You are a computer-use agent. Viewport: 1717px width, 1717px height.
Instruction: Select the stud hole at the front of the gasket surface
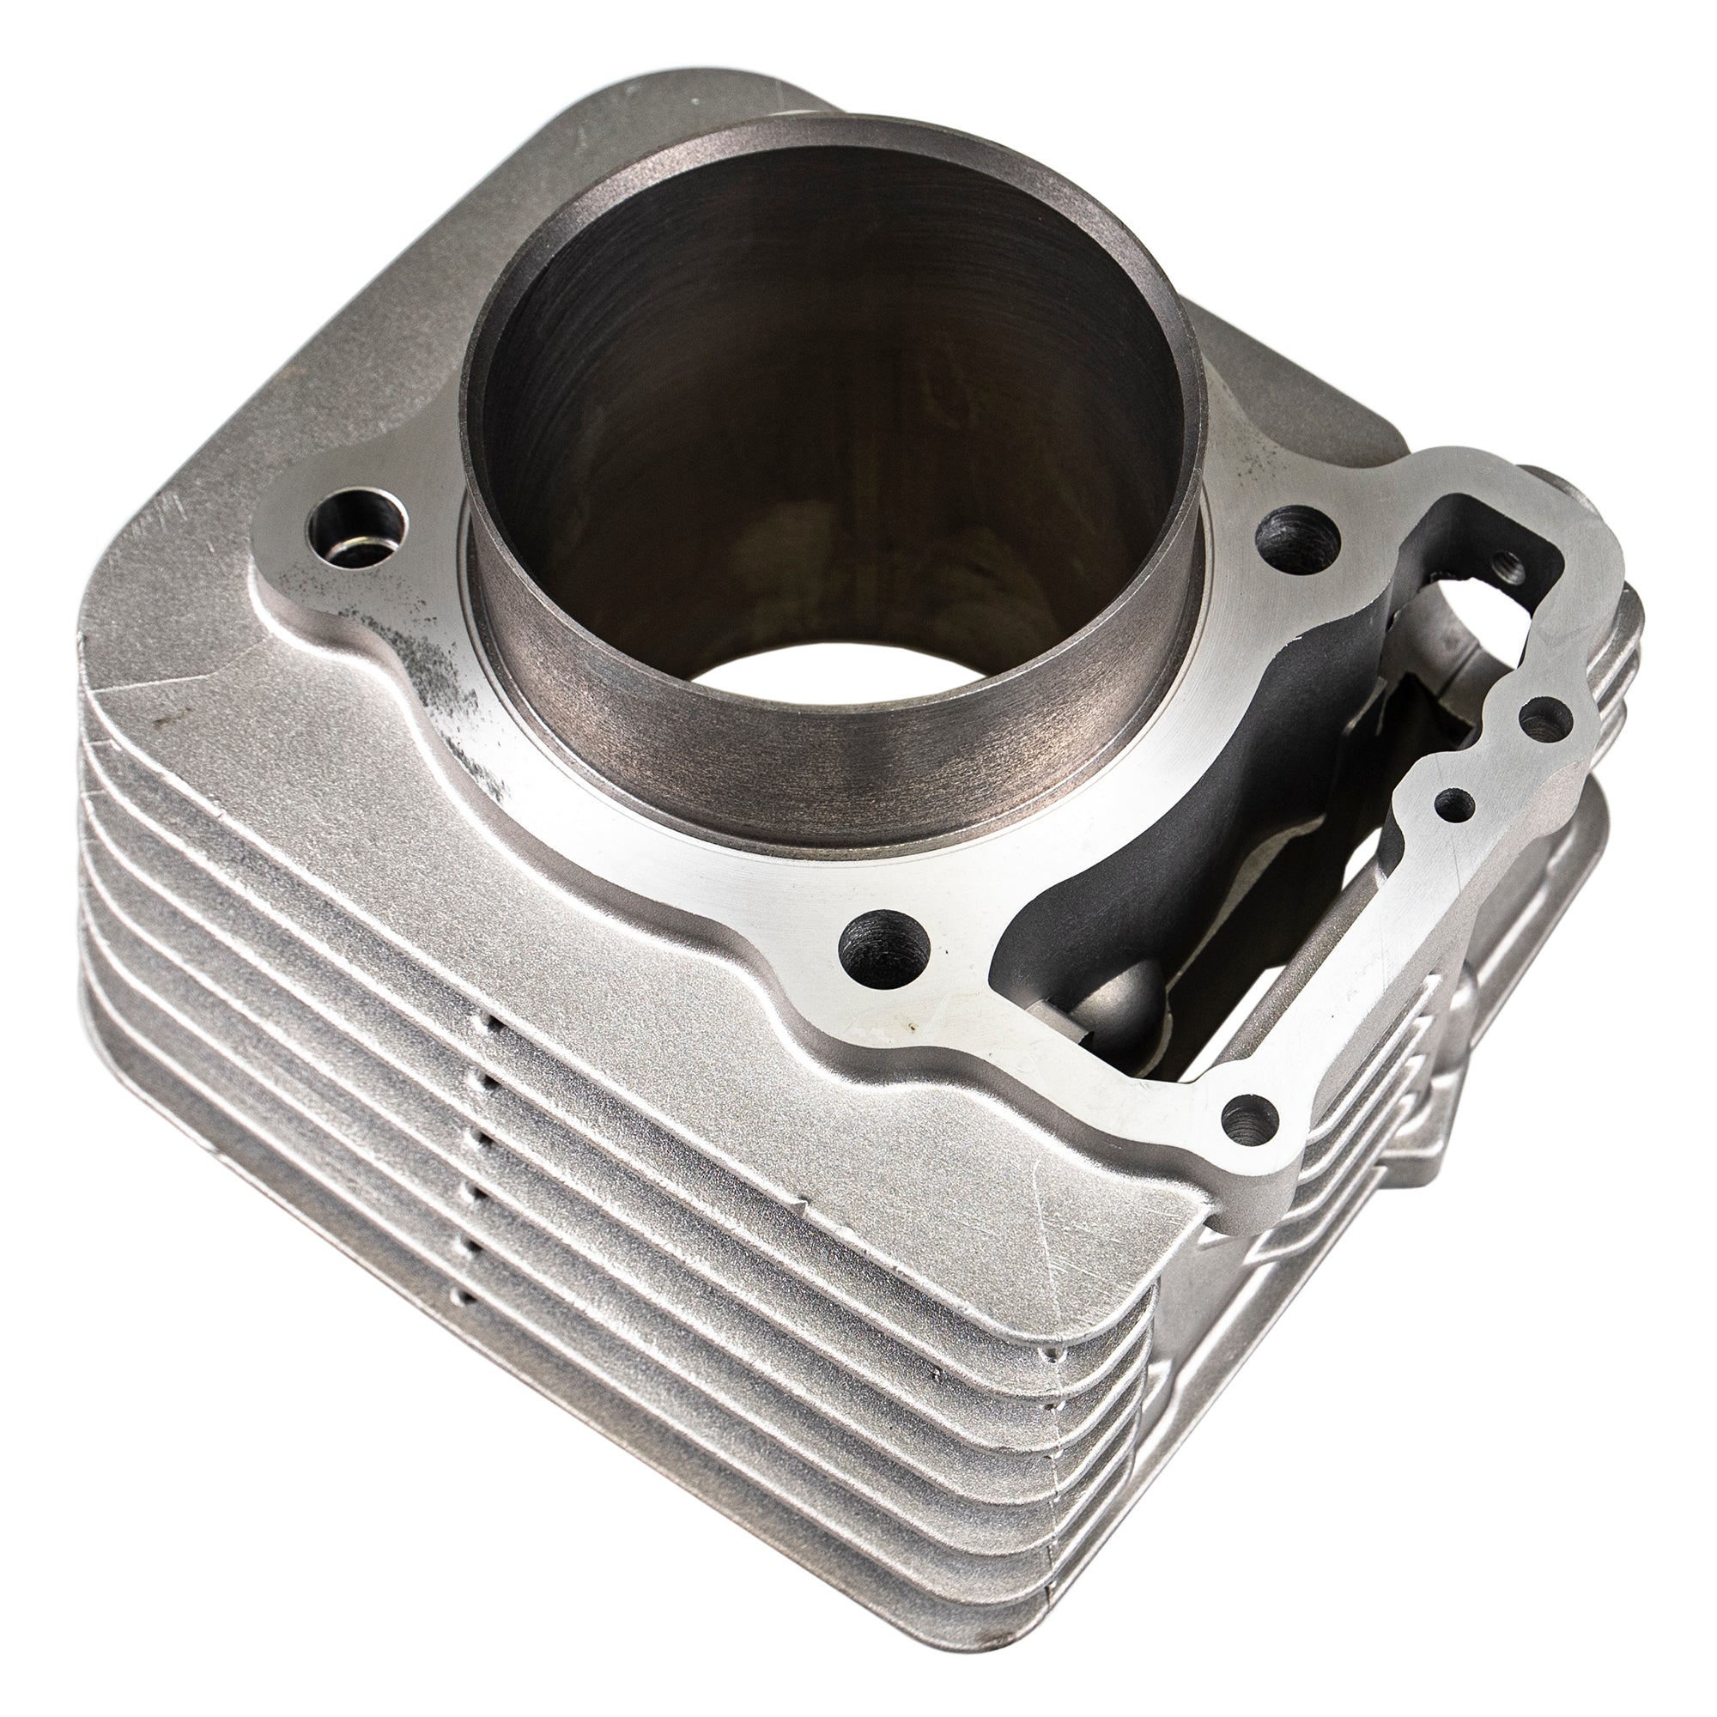(883, 949)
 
